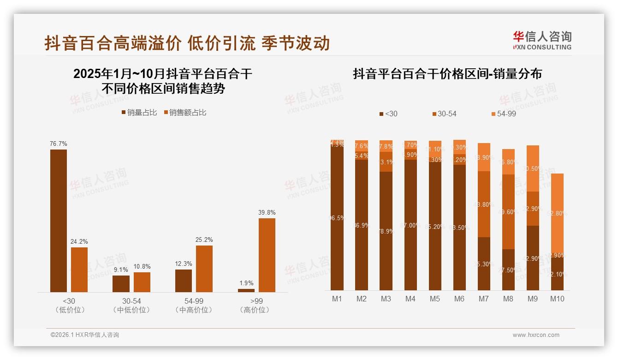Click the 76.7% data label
59,144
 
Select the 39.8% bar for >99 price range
267,255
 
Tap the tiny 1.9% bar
246,290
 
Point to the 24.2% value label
79,241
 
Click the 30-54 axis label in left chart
131,301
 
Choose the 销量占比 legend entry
139,112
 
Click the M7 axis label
483,299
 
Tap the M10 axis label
557,299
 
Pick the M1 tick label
337,299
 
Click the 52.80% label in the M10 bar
558,213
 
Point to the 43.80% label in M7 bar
484,204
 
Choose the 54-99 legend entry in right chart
504,114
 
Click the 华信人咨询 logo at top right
542,40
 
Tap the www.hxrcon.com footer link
536,335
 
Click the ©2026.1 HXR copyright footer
85,335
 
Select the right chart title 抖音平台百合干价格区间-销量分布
447,74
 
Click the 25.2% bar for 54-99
204,269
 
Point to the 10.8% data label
142,266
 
